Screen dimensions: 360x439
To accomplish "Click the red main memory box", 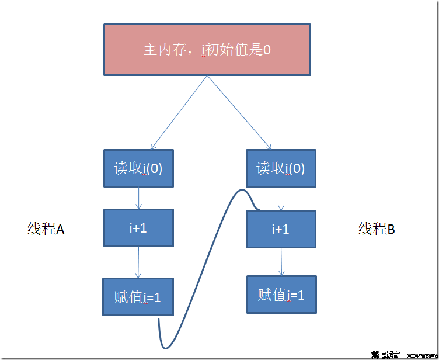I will [x=207, y=50].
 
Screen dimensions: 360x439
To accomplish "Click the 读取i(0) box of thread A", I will [x=138, y=168].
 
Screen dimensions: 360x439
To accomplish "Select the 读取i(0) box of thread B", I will [x=281, y=168].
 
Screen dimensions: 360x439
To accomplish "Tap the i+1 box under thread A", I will [x=138, y=228].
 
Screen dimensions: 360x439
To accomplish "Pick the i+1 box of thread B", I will [x=281, y=229].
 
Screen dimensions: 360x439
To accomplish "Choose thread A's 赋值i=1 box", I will [x=138, y=297].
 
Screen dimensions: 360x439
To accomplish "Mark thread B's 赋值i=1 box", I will [x=281, y=295].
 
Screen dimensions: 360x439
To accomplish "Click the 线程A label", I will [x=46, y=229].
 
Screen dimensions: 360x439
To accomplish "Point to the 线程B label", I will [x=377, y=229].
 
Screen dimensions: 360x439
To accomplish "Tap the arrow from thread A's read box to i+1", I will [x=138, y=198].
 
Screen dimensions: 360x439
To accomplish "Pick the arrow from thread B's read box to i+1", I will [x=281, y=199].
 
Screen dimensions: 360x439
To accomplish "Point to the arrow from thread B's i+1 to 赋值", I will [x=281, y=261].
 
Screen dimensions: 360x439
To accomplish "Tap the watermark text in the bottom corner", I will [x=403, y=354].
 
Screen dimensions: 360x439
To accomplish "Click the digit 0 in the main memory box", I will [x=267, y=50].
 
